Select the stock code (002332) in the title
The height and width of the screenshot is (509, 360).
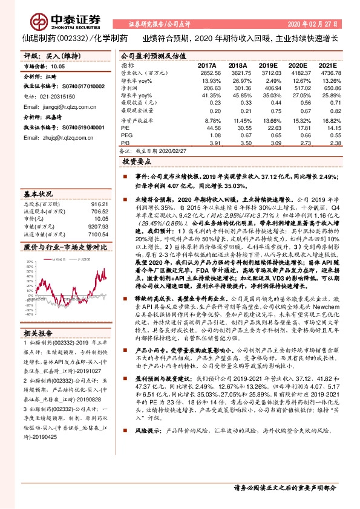pyautogui.click(x=71, y=37)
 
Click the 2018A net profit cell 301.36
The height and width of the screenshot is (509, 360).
pyautogui.click(x=237, y=88)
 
